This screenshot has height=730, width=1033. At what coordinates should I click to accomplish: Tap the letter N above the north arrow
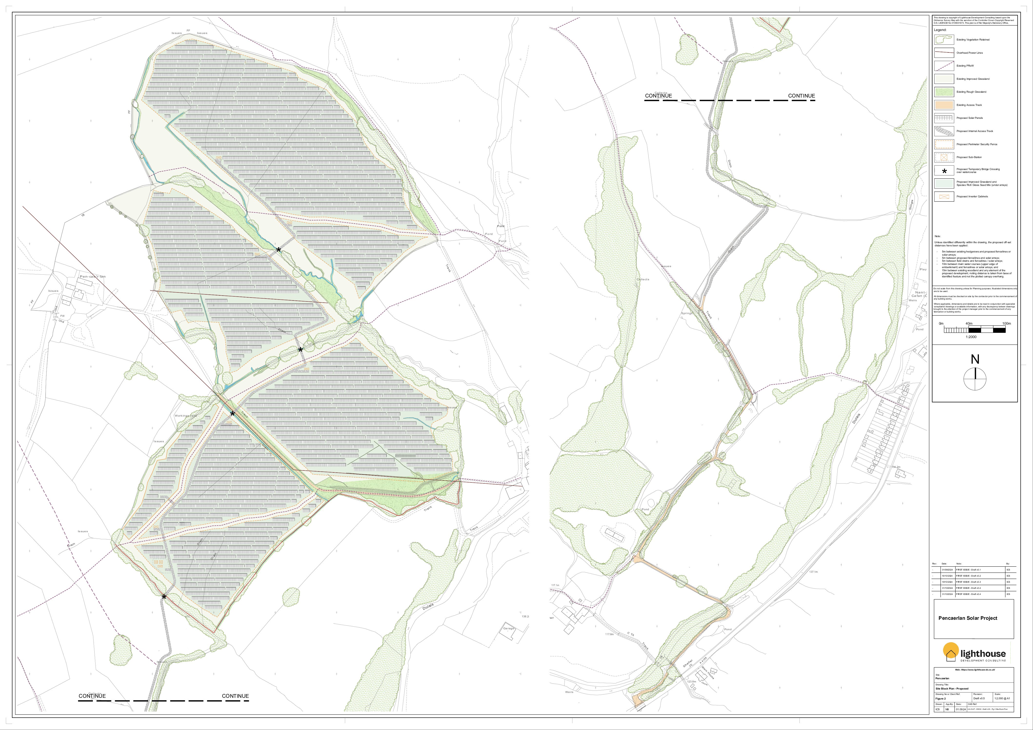click(x=975, y=359)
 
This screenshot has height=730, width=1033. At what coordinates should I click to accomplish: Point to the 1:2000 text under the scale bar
click(x=971, y=337)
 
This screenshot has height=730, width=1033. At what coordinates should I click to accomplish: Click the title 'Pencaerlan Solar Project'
click(x=968, y=618)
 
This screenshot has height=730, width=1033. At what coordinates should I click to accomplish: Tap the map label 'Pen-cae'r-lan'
click(x=92, y=276)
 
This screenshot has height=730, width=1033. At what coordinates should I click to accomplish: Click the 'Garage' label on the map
click(x=508, y=628)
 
